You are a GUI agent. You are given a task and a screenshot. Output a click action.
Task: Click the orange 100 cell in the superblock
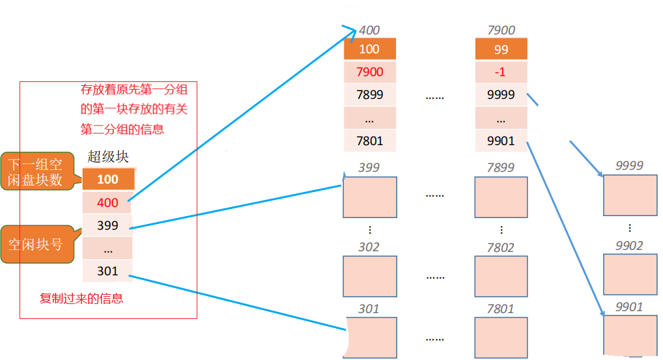108,179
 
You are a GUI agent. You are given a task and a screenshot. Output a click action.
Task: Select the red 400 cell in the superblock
108,202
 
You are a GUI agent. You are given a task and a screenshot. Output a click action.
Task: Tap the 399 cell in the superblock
108,225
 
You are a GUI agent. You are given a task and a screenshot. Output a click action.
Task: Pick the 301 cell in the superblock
108,271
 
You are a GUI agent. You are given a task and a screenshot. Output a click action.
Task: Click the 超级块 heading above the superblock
108,157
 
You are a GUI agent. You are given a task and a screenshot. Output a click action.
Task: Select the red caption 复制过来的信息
81,299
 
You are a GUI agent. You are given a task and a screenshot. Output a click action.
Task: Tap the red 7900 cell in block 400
369,72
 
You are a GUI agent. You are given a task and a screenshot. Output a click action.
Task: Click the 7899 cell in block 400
369,94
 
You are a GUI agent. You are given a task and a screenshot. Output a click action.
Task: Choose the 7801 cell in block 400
369,140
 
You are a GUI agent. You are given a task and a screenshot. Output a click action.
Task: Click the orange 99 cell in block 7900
501,49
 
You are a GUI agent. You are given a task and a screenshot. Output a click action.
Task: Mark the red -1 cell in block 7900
501,72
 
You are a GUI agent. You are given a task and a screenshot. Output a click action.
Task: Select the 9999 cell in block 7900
501,94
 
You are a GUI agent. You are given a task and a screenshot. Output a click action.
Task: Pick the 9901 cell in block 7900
501,140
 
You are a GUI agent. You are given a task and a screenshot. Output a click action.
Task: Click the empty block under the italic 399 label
369,196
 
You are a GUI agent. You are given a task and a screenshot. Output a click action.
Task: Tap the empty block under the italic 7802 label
501,276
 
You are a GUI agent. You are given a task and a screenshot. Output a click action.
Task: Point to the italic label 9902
630,245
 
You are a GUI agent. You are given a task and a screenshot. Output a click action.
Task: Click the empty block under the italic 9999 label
630,195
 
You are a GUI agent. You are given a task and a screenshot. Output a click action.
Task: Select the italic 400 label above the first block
369,30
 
